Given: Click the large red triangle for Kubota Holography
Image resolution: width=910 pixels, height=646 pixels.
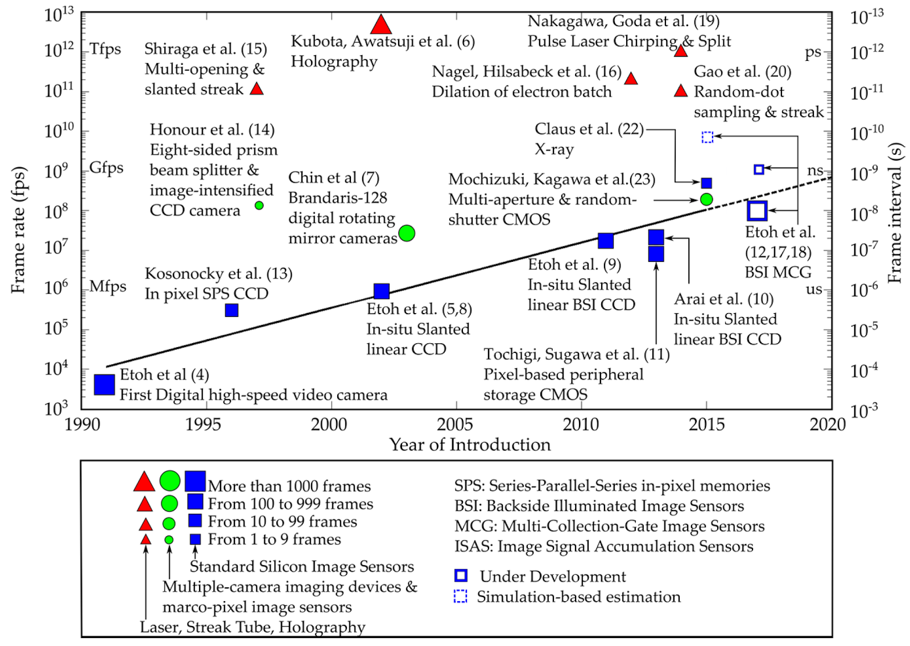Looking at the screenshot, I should click(380, 26).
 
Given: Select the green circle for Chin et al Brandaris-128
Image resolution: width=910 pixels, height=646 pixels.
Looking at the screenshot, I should click(407, 233).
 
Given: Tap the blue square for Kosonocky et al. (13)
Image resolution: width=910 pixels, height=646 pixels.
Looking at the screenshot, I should click(231, 310).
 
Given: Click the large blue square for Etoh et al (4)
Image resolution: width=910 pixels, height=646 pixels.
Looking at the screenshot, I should click(105, 384).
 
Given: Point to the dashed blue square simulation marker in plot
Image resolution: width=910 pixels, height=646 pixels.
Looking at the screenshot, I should click(708, 137).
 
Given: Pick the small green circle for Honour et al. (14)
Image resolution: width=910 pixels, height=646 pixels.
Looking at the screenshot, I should click(259, 205).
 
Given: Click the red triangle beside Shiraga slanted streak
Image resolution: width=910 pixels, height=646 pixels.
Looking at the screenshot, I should click(257, 89).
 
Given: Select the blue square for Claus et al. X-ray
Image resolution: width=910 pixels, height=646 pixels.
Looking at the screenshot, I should click(706, 183).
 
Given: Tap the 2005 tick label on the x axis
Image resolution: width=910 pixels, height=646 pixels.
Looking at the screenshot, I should click(455, 424).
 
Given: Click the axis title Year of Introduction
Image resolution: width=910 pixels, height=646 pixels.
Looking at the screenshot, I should click(470, 445).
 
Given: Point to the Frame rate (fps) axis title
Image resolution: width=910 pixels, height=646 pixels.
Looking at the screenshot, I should click(18, 230).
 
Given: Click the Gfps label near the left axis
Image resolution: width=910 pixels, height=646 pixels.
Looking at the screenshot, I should click(106, 168).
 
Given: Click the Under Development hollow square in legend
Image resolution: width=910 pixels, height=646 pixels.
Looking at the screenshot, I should click(461, 575).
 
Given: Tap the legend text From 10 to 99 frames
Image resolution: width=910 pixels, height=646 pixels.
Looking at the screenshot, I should click(282, 521).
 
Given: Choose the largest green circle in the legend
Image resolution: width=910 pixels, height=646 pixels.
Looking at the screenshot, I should click(169, 481).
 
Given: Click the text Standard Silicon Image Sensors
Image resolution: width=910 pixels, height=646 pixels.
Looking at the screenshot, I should click(301, 566).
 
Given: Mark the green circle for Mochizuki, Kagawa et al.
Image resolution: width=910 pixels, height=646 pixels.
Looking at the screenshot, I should click(706, 199).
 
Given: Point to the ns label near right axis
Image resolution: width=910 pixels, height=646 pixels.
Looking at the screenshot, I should click(815, 170).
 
